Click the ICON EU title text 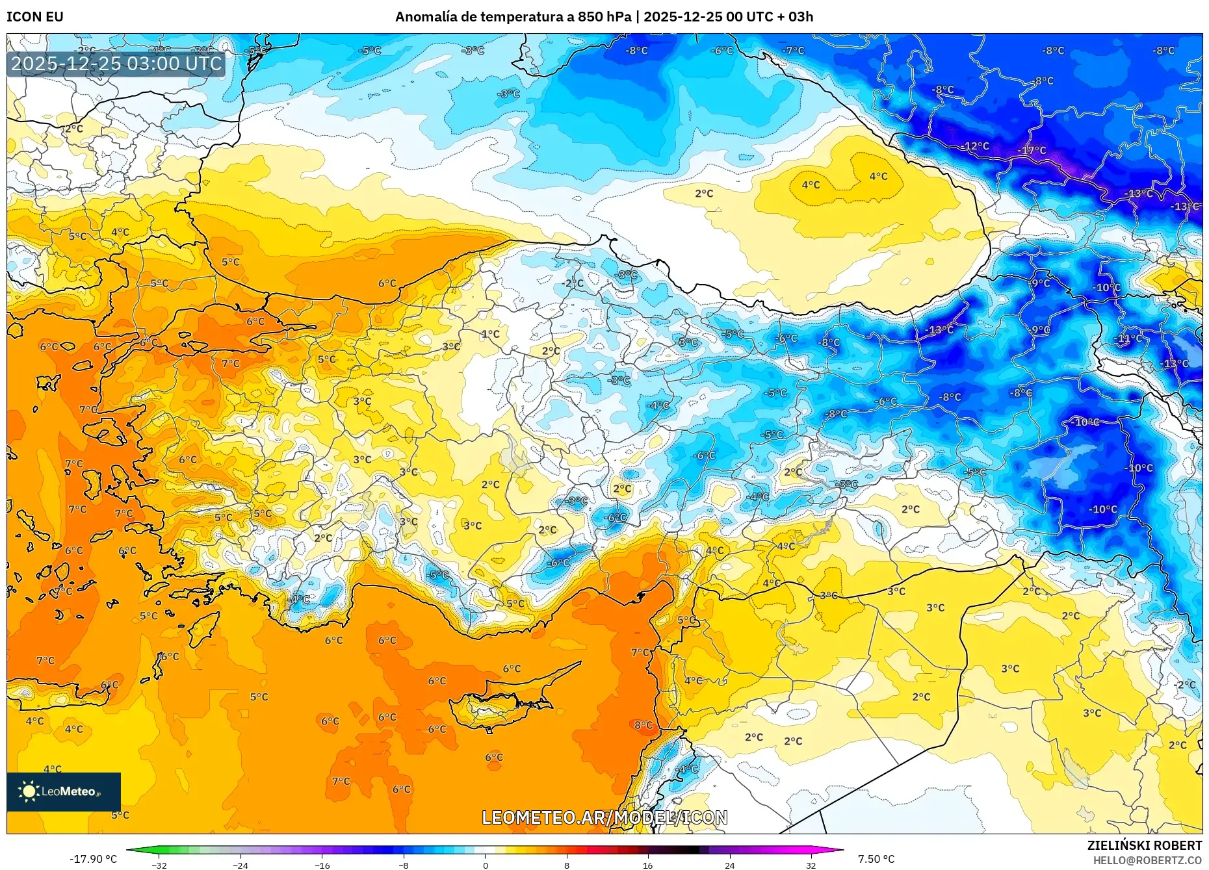point(35,17)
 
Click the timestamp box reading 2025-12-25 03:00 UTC point(117,64)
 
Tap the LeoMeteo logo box point(64,791)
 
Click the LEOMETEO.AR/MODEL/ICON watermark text point(604,817)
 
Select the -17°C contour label point(1032,151)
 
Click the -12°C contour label point(976,146)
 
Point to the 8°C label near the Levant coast point(643,725)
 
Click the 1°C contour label point(491,334)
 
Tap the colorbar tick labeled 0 point(485,865)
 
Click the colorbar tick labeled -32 point(159,865)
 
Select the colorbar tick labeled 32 point(811,865)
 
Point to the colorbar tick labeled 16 point(647,865)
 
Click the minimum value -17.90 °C point(94,859)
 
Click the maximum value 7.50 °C point(876,859)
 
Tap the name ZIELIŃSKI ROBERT point(1144,845)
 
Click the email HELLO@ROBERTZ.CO point(1147,860)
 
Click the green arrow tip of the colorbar point(129,849)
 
